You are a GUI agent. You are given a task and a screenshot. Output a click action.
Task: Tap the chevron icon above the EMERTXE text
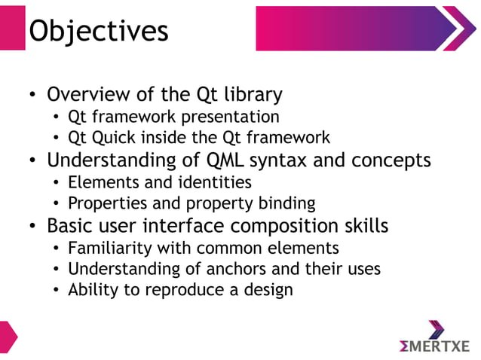tap(437, 328)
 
